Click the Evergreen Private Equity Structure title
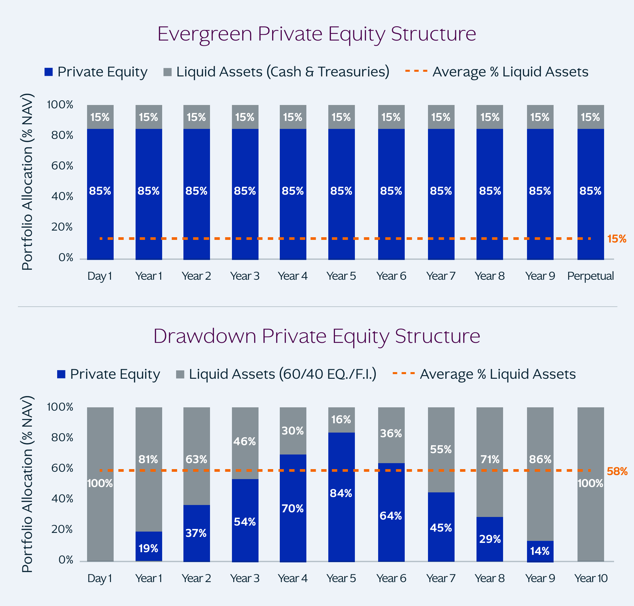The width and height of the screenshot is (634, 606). click(x=317, y=34)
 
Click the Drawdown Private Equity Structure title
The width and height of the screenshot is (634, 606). click(x=317, y=336)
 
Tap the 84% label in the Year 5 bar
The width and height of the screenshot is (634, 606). click(x=341, y=493)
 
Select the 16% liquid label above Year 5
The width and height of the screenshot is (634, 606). click(x=341, y=420)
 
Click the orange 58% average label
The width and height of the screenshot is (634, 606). click(x=617, y=471)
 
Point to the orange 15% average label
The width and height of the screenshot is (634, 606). click(x=617, y=239)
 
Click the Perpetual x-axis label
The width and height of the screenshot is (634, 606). click(x=590, y=276)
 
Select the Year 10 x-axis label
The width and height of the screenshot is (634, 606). click(x=591, y=578)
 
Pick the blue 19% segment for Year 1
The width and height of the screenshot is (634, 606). click(x=149, y=547)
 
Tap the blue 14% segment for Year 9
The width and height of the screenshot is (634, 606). click(x=540, y=552)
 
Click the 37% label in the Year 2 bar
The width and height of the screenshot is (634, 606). click(x=196, y=533)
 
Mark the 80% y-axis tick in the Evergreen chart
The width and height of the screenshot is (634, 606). click(x=62, y=136)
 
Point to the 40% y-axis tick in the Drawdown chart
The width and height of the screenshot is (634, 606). click(x=62, y=499)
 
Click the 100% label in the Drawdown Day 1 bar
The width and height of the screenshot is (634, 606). click(x=100, y=483)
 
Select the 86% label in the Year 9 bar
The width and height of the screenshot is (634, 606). click(x=540, y=459)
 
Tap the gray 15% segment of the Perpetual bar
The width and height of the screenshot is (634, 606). click(x=590, y=117)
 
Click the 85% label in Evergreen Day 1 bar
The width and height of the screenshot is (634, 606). click(x=100, y=191)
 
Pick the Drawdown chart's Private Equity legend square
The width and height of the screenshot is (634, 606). click(x=61, y=374)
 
